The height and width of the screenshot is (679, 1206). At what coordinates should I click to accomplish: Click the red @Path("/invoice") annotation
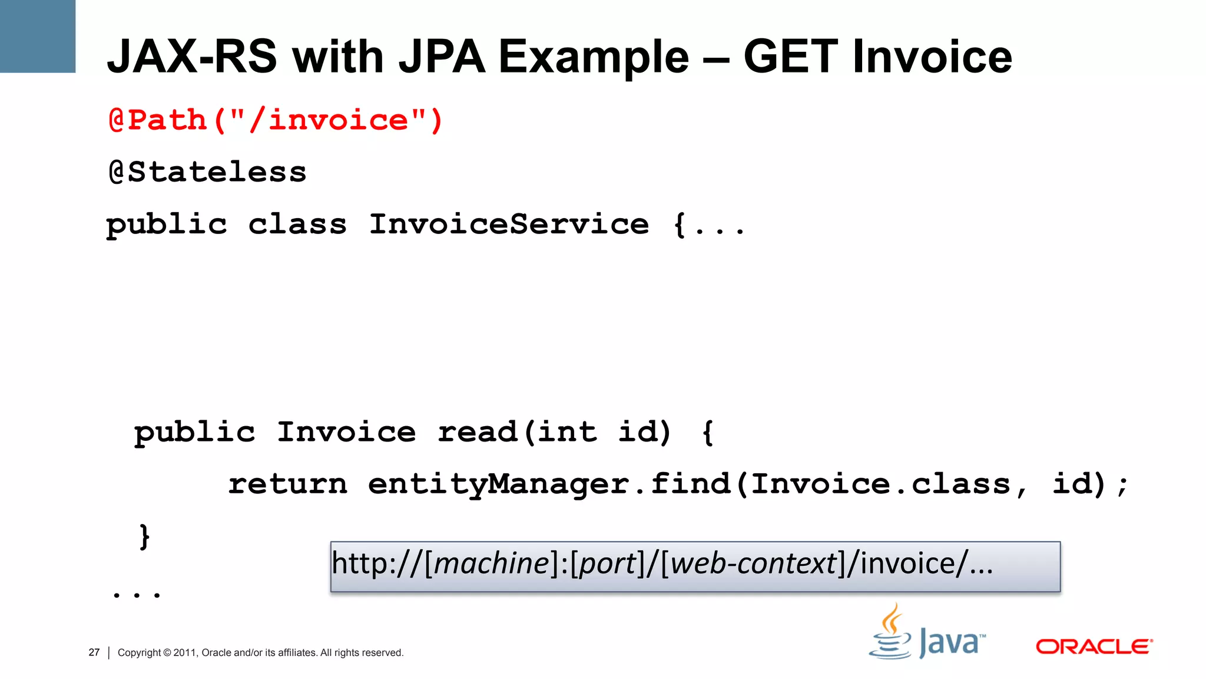coord(276,120)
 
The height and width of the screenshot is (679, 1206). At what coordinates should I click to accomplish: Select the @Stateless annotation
coord(207,172)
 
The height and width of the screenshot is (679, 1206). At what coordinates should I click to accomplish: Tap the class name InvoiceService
coord(509,224)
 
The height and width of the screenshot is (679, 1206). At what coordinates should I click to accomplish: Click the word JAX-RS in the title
coord(192,57)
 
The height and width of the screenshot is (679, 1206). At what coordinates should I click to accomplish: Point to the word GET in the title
coord(790,57)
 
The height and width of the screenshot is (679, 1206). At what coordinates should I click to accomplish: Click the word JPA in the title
coord(441,57)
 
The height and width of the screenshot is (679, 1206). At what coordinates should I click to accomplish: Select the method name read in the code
coord(477,432)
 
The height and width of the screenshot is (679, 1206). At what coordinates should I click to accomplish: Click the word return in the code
coord(287,484)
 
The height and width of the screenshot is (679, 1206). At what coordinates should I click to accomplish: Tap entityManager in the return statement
coord(498,484)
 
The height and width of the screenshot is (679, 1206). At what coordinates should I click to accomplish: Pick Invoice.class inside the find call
coord(881,484)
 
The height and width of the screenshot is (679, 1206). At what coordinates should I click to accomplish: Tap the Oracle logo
coord(1094,647)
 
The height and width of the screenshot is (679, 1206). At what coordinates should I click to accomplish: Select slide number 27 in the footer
coord(94,652)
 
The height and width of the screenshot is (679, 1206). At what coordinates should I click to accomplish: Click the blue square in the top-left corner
coord(38,36)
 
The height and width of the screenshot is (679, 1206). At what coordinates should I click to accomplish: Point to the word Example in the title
coord(594,57)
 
